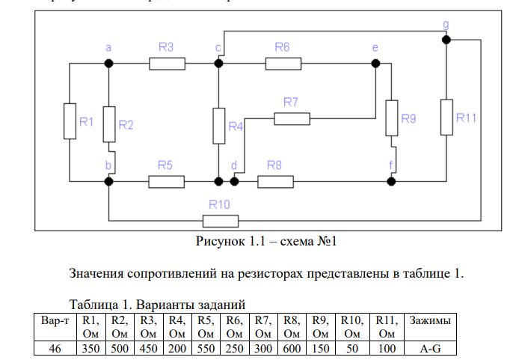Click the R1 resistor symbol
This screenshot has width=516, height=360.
70,120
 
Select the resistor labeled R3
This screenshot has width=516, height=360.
168,64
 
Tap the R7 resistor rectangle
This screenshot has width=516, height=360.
292,118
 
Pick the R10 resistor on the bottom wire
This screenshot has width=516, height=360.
221,221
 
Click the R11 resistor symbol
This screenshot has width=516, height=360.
446,117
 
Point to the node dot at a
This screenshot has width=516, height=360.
108,64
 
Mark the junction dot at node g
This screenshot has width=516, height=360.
446,40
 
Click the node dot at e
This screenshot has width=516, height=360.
375,64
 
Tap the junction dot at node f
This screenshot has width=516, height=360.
390,180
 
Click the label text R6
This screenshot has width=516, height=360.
281,47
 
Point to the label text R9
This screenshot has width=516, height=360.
408,118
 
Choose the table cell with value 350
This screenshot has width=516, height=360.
90,349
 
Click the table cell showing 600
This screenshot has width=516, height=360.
292,349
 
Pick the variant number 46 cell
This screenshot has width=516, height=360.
55,349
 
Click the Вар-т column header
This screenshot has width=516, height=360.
55,320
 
